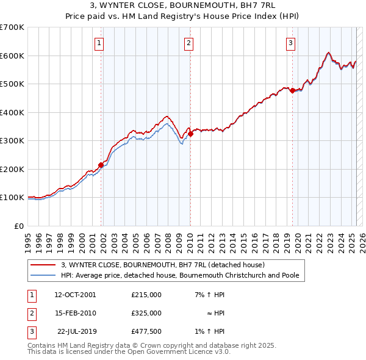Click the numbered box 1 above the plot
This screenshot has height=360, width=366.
(x=99, y=43)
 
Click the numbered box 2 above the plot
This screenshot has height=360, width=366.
(x=189, y=43)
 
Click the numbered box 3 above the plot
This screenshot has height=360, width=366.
(x=291, y=43)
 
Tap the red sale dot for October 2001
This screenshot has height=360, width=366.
(x=101, y=164)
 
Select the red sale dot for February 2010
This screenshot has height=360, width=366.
(x=191, y=134)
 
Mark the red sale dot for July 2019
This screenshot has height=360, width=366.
(x=292, y=90)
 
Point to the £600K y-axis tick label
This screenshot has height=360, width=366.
(x=12, y=56)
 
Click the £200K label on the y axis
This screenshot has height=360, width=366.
(x=12, y=169)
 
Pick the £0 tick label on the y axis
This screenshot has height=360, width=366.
(x=18, y=226)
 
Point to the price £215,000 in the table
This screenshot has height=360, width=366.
(x=146, y=294)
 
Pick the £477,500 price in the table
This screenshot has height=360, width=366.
(x=146, y=331)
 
